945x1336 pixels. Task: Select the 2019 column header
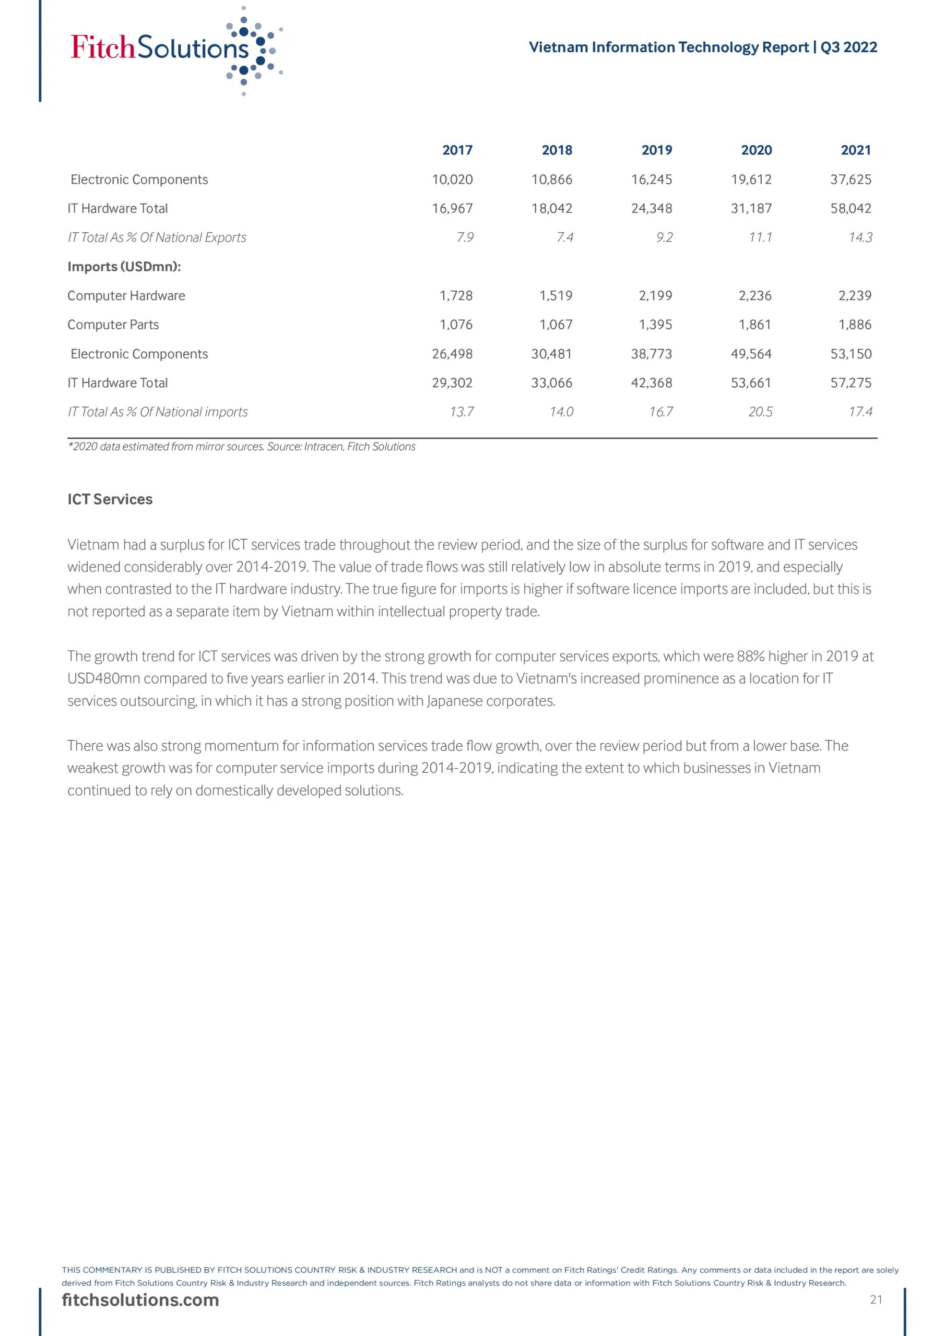pyautogui.click(x=656, y=150)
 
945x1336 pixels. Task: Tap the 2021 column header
pyautogui.click(x=855, y=150)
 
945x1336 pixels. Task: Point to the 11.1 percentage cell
pyautogui.click(x=760, y=237)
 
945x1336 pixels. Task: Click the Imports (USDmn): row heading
pyautogui.click(x=124, y=267)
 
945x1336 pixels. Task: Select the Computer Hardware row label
pyautogui.click(x=126, y=295)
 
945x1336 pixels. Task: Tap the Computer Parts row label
pyautogui.click(x=113, y=325)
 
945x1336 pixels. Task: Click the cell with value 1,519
pyautogui.click(x=556, y=295)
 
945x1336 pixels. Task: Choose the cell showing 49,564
pyautogui.click(x=751, y=354)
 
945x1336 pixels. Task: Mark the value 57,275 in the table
pyautogui.click(x=850, y=383)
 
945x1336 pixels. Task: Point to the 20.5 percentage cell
pyautogui.click(x=760, y=412)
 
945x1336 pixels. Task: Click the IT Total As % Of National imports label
pyautogui.click(x=157, y=412)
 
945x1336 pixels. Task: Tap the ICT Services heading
pyautogui.click(x=110, y=499)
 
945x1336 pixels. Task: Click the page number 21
pyautogui.click(x=876, y=1299)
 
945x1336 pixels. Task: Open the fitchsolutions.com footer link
pyautogui.click(x=140, y=1300)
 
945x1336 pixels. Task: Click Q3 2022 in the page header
pyautogui.click(x=848, y=47)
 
